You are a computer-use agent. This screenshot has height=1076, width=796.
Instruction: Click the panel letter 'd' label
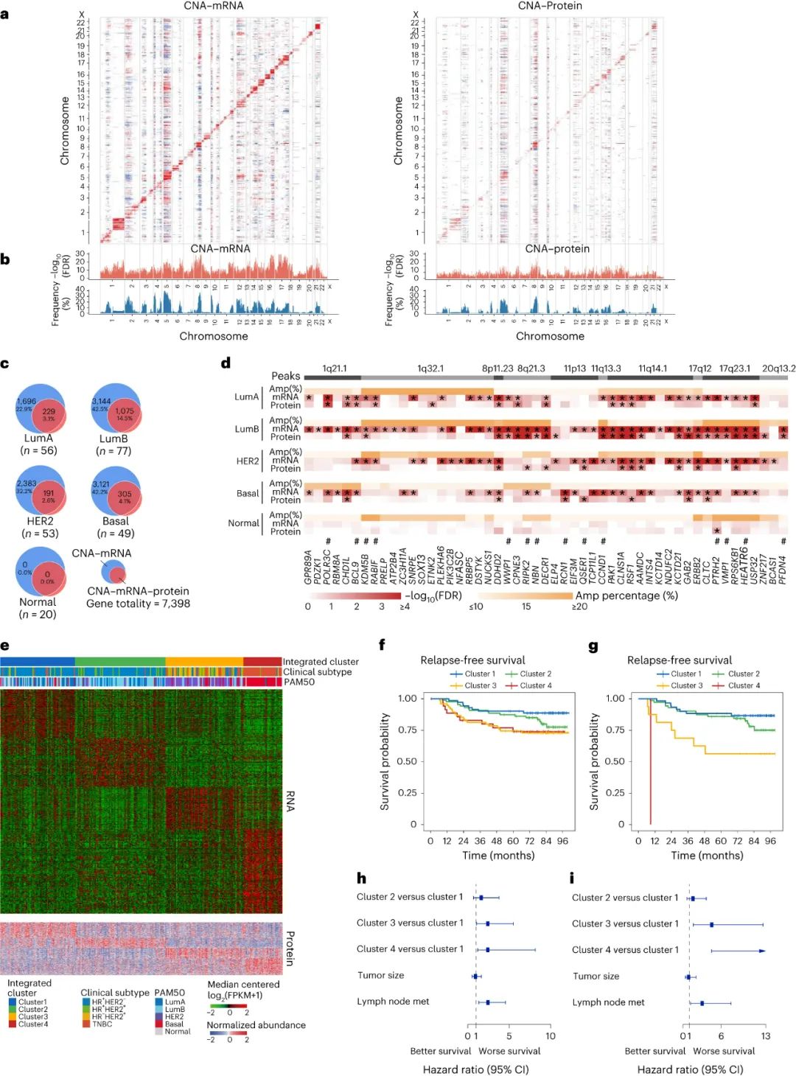pyautogui.click(x=226, y=363)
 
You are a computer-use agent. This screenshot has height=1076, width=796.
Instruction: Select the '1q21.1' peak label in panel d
pyautogui.click(x=334, y=368)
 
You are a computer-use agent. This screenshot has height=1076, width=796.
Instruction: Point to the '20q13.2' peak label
pyautogui.click(x=778, y=368)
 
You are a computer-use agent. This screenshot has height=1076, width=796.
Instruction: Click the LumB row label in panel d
pyautogui.click(x=247, y=429)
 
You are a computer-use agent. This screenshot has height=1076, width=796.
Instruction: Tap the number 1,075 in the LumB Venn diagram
pyautogui.click(x=125, y=411)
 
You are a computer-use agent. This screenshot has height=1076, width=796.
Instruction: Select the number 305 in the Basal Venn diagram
pyautogui.click(x=125, y=494)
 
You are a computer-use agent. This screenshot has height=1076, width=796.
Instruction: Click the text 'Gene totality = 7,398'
pyautogui.click(x=138, y=604)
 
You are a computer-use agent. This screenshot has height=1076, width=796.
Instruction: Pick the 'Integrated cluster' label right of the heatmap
pyautogui.click(x=321, y=662)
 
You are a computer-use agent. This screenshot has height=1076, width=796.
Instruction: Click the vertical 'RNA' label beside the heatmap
pyautogui.click(x=290, y=801)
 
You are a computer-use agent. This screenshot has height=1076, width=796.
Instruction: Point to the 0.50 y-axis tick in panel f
pyautogui.click(x=408, y=761)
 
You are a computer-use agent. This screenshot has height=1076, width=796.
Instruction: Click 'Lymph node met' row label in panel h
pyautogui.click(x=393, y=1002)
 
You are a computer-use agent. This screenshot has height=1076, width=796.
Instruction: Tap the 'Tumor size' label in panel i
pyautogui.click(x=596, y=977)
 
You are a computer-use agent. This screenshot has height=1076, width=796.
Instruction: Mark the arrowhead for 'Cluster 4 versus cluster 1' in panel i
pyautogui.click(x=762, y=951)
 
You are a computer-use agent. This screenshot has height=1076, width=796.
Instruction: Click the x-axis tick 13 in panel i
pyautogui.click(x=766, y=1036)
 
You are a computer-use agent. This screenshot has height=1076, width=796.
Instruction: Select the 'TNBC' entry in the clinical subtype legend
pyautogui.click(x=102, y=1024)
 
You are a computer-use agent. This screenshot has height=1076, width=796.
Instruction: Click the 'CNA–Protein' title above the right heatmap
pyautogui.click(x=550, y=6)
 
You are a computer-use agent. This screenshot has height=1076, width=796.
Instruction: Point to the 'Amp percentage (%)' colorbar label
pyautogui.click(x=626, y=595)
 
